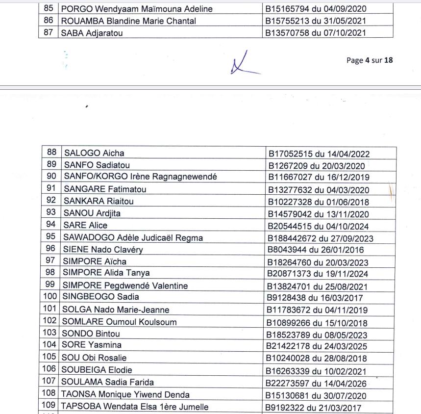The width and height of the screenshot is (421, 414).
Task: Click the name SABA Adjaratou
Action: click(x=91, y=33)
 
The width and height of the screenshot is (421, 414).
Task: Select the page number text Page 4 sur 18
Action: click(x=370, y=60)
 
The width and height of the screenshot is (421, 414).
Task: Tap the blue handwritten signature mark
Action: click(x=242, y=64)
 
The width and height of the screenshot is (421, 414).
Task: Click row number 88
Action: click(x=51, y=153)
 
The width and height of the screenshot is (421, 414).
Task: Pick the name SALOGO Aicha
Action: click(x=94, y=153)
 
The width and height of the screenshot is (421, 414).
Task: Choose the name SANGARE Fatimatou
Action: click(x=105, y=189)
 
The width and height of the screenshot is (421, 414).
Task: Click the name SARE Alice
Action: click(x=85, y=225)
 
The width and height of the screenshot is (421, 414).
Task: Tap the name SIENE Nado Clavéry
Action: click(x=103, y=250)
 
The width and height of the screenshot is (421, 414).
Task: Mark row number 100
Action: click(x=50, y=297)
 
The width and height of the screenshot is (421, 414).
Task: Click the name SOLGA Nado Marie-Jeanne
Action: click(x=116, y=310)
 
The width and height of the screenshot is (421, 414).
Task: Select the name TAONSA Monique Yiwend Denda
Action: click(x=125, y=394)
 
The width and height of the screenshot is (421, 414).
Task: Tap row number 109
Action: click(x=50, y=407)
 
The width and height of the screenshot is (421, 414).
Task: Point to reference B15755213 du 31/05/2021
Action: click(x=316, y=21)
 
